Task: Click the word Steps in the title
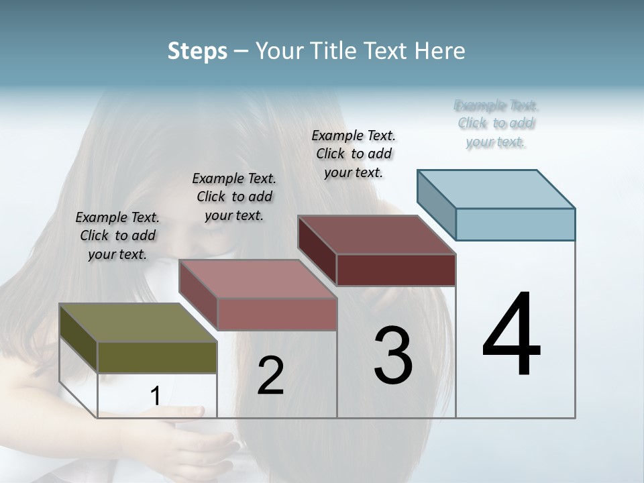pyautogui.click(x=197, y=51)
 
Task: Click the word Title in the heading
pyautogui.click(x=333, y=51)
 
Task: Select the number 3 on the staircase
pyautogui.click(x=393, y=356)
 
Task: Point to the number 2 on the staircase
pyautogui.click(x=270, y=376)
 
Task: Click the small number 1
pyautogui.click(x=155, y=396)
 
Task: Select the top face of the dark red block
pyautogui.click(x=376, y=235)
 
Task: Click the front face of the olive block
pyautogui.click(x=157, y=358)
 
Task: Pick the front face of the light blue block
pyautogui.click(x=515, y=224)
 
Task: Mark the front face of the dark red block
pyautogui.click(x=396, y=270)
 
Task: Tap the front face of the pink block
pyautogui.click(x=277, y=314)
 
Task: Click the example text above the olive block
pyautogui.click(x=117, y=235)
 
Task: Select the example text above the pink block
pyautogui.click(x=234, y=197)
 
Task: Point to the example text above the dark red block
pyautogui.click(x=354, y=154)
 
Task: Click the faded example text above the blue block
pyautogui.click(x=496, y=123)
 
